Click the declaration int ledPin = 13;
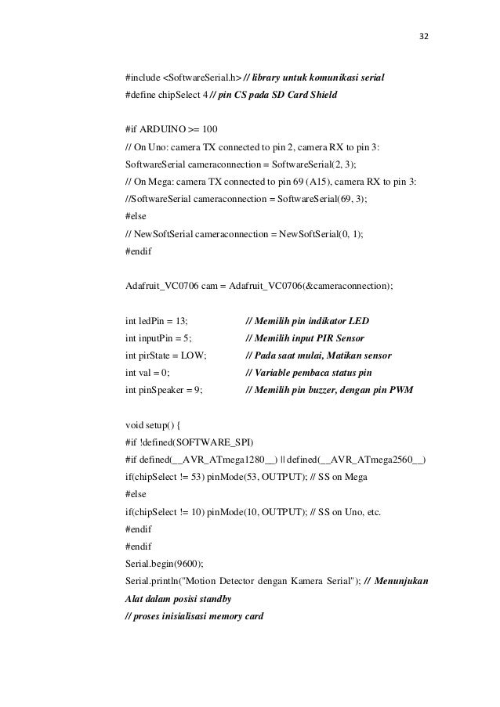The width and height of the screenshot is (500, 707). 157,320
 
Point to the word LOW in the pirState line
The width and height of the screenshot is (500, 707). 193,355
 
